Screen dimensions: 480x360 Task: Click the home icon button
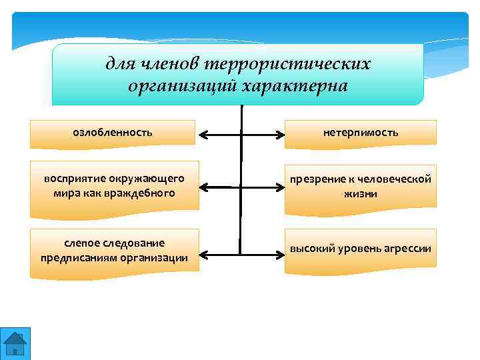coord(15,343)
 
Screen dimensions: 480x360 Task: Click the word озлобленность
coord(112,133)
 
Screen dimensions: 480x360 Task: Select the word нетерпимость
coord(361,133)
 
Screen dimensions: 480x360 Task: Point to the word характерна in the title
coord(294,86)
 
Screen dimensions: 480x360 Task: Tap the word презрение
coord(315,179)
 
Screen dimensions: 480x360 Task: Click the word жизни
coord(361,194)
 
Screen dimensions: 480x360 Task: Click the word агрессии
coord(407,249)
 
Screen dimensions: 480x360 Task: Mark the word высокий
coord(309,249)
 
